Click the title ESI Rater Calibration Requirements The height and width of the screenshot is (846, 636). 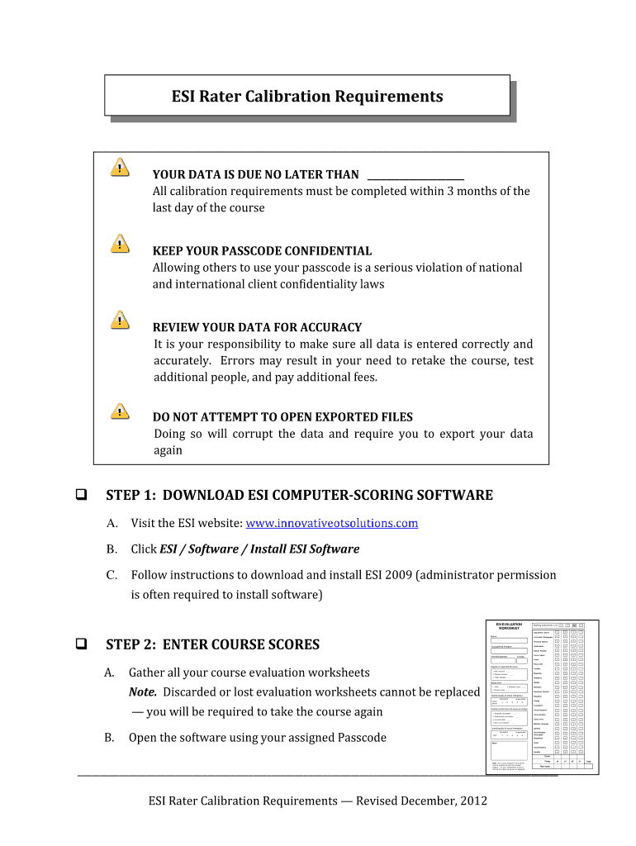point(307,97)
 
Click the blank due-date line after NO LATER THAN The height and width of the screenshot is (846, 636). point(415,174)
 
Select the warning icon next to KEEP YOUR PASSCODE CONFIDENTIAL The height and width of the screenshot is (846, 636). point(121,243)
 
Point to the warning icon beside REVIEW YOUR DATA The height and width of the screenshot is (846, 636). point(121,320)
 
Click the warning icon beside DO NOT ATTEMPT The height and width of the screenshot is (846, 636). point(121,410)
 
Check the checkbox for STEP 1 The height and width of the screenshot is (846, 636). point(83,496)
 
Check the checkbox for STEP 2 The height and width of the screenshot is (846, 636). point(83,644)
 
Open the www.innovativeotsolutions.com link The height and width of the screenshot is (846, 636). point(332,523)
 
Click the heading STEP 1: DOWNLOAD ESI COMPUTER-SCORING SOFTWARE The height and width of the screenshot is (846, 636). point(299,496)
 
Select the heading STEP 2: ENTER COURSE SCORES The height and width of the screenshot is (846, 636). point(212,644)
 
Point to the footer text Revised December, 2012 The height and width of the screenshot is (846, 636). point(421,801)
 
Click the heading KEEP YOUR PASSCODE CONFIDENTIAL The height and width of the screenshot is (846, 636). point(262,250)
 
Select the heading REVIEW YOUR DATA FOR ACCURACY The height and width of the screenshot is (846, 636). point(257,327)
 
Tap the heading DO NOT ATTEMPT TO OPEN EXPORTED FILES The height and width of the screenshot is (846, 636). point(282,417)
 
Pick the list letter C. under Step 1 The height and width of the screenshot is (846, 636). point(112,574)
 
